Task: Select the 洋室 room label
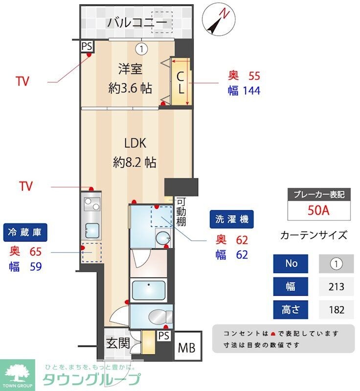click(130, 69)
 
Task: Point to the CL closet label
click(180, 83)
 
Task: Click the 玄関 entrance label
click(118, 343)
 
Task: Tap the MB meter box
click(186, 348)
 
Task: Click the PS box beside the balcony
click(87, 46)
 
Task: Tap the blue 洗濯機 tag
click(232, 220)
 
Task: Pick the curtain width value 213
click(337, 286)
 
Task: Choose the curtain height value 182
click(337, 309)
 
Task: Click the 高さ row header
click(291, 309)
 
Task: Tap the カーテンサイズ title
click(314, 235)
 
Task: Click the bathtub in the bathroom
click(151, 290)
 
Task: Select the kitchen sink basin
click(91, 229)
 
